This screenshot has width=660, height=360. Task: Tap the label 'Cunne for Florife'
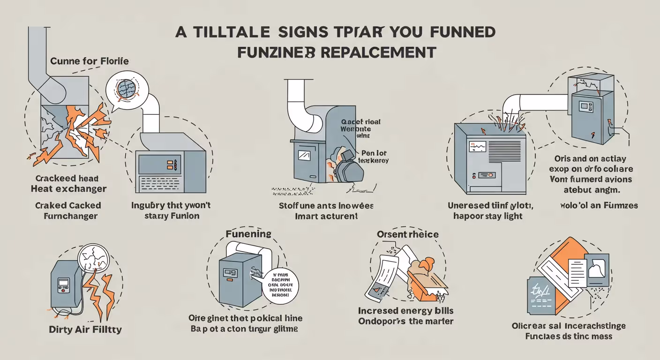click(x=89, y=61)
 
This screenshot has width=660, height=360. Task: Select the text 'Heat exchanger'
click(x=68, y=189)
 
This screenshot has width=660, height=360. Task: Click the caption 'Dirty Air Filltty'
click(x=85, y=330)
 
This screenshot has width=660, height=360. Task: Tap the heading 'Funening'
click(x=248, y=233)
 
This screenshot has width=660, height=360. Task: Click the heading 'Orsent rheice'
click(x=407, y=234)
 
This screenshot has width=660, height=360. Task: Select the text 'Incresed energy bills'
click(x=405, y=311)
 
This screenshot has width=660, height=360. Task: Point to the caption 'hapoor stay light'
click(x=487, y=216)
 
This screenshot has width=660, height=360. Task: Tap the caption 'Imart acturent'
click(x=326, y=216)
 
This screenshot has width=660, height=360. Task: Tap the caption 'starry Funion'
click(x=172, y=216)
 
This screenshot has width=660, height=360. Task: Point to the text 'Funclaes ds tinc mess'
click(x=569, y=336)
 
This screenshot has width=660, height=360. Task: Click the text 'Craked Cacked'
click(x=68, y=205)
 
